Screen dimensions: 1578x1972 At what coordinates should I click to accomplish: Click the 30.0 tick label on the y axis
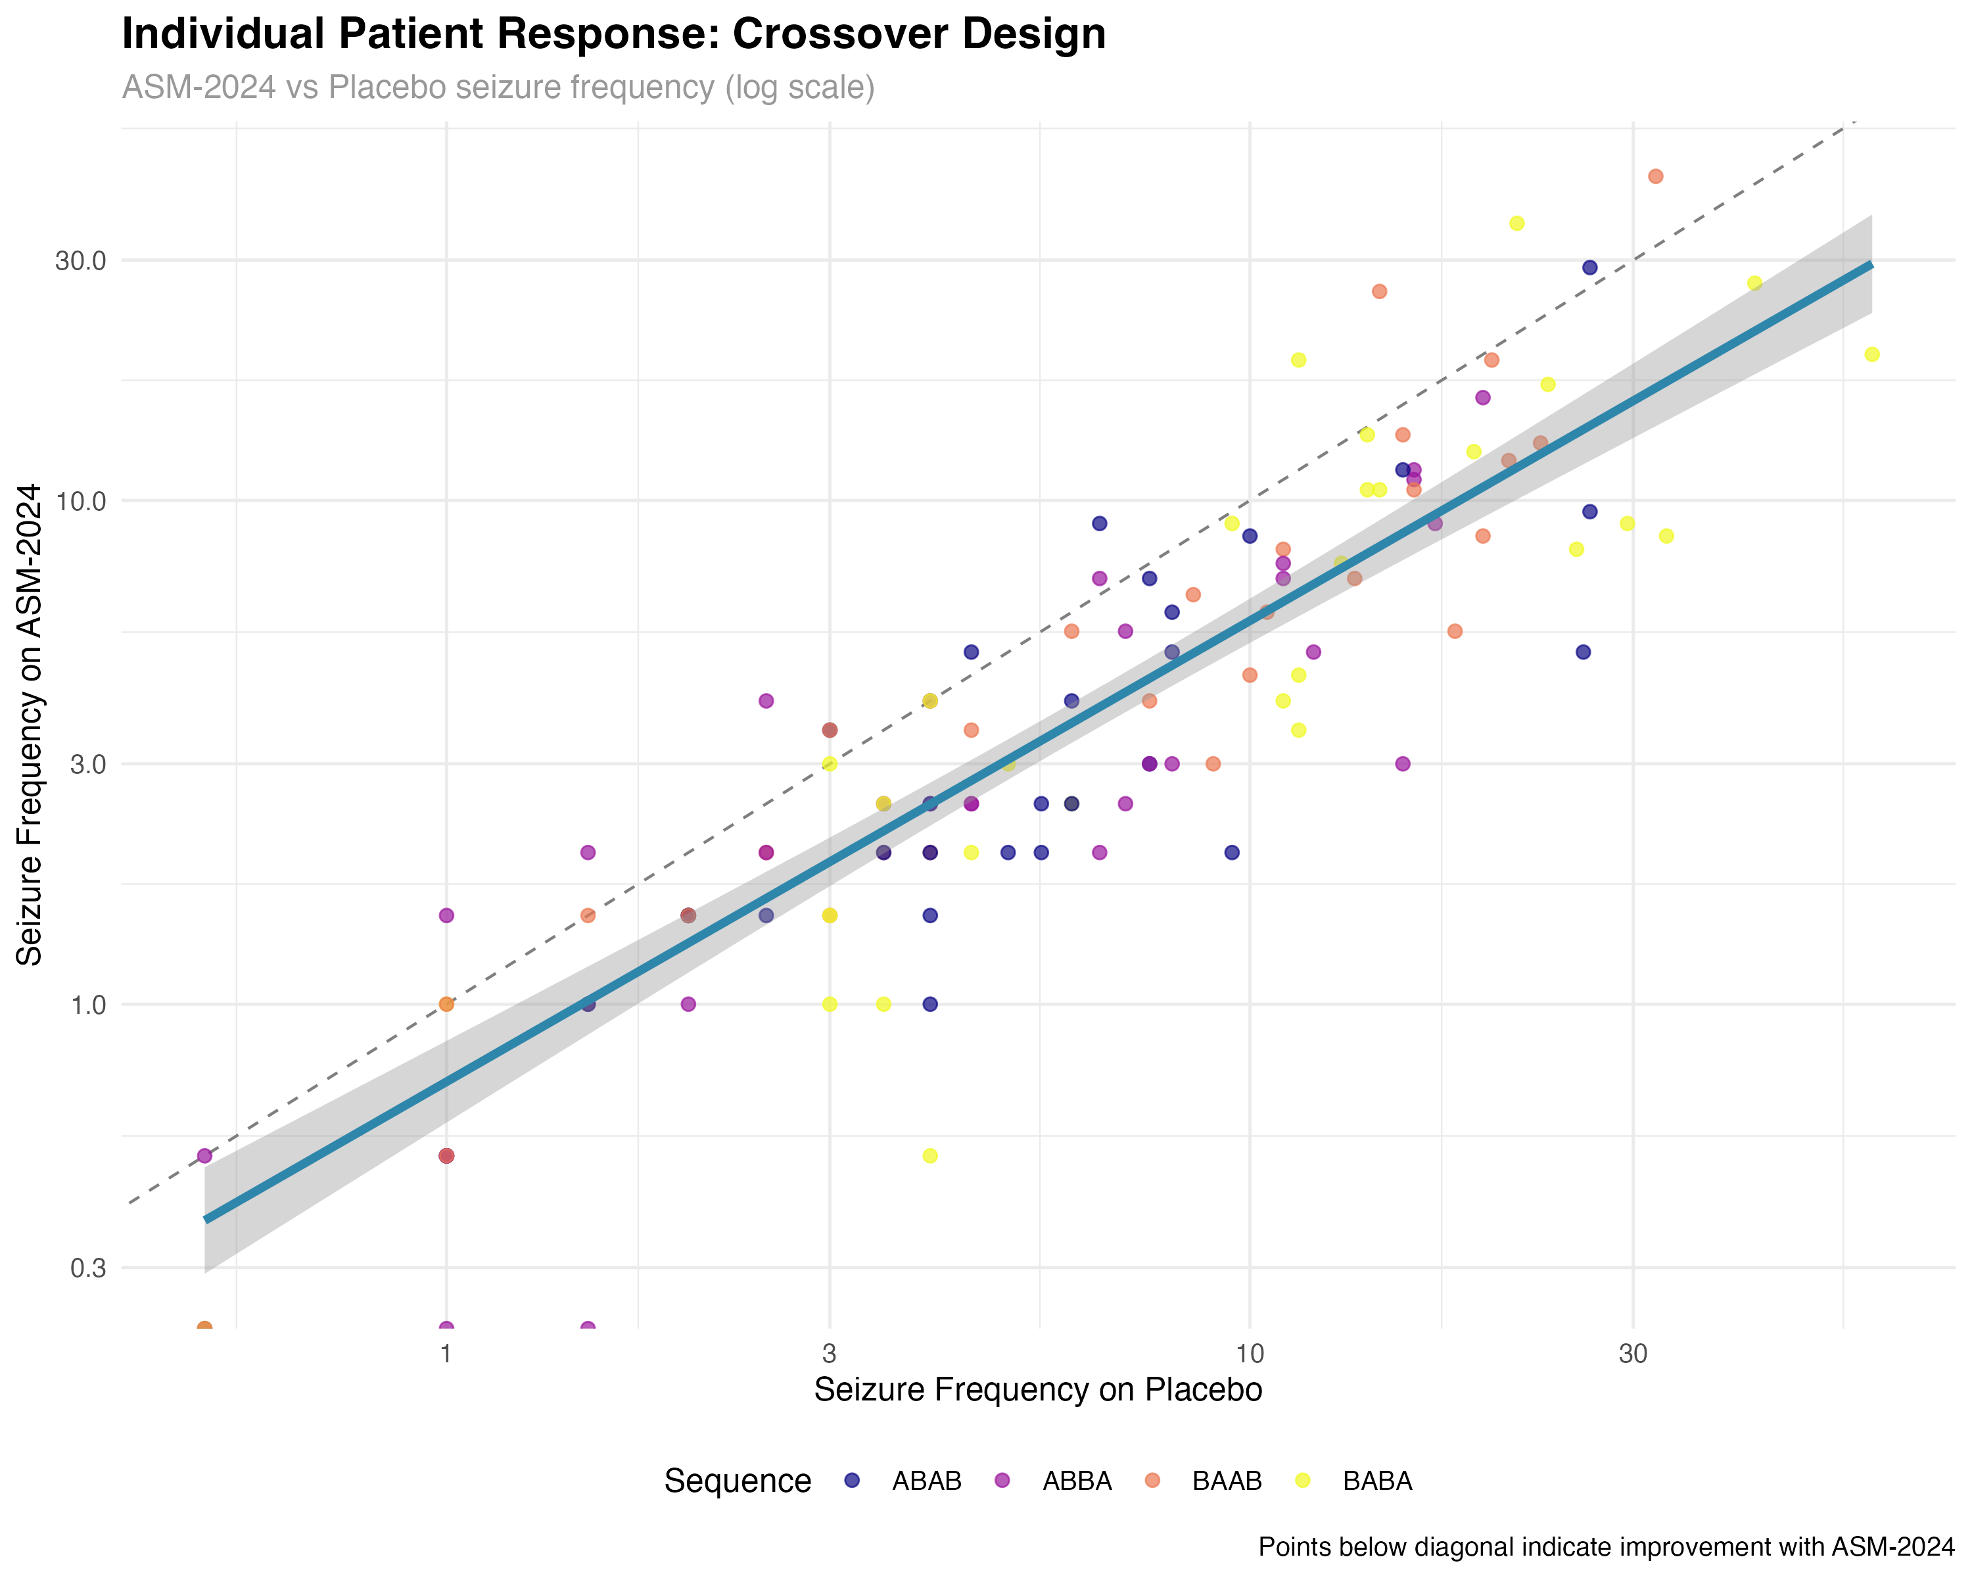[x=80, y=261]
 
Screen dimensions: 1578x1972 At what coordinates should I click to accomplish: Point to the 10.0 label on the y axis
[x=80, y=501]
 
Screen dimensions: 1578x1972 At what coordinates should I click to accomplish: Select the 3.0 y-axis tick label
[x=88, y=764]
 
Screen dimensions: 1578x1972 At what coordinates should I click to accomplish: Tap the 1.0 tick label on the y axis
[x=88, y=1005]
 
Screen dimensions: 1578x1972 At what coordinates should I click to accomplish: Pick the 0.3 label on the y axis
[x=88, y=1268]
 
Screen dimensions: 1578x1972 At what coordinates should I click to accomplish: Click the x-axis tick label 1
[x=446, y=1354]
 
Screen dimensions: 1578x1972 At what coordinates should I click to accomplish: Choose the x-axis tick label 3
[x=830, y=1354]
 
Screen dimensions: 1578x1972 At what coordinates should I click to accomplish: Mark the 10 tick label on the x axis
[x=1250, y=1354]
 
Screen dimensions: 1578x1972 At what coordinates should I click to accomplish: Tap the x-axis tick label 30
[x=1633, y=1354]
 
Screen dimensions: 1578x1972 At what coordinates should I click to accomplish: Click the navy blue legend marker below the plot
[x=851, y=1480]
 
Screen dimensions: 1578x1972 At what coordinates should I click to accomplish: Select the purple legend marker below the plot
[x=1002, y=1480]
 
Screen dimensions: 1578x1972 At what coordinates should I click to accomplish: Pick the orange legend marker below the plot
[x=1152, y=1480]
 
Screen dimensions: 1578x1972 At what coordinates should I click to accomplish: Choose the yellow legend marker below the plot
[x=1302, y=1480]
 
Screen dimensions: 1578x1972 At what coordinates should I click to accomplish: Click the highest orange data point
[x=1656, y=177]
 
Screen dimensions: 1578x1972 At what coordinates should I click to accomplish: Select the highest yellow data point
[x=1516, y=223]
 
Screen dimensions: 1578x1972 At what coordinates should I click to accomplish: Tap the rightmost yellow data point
[x=1872, y=354]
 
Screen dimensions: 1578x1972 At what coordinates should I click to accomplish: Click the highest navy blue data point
[x=1589, y=268]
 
